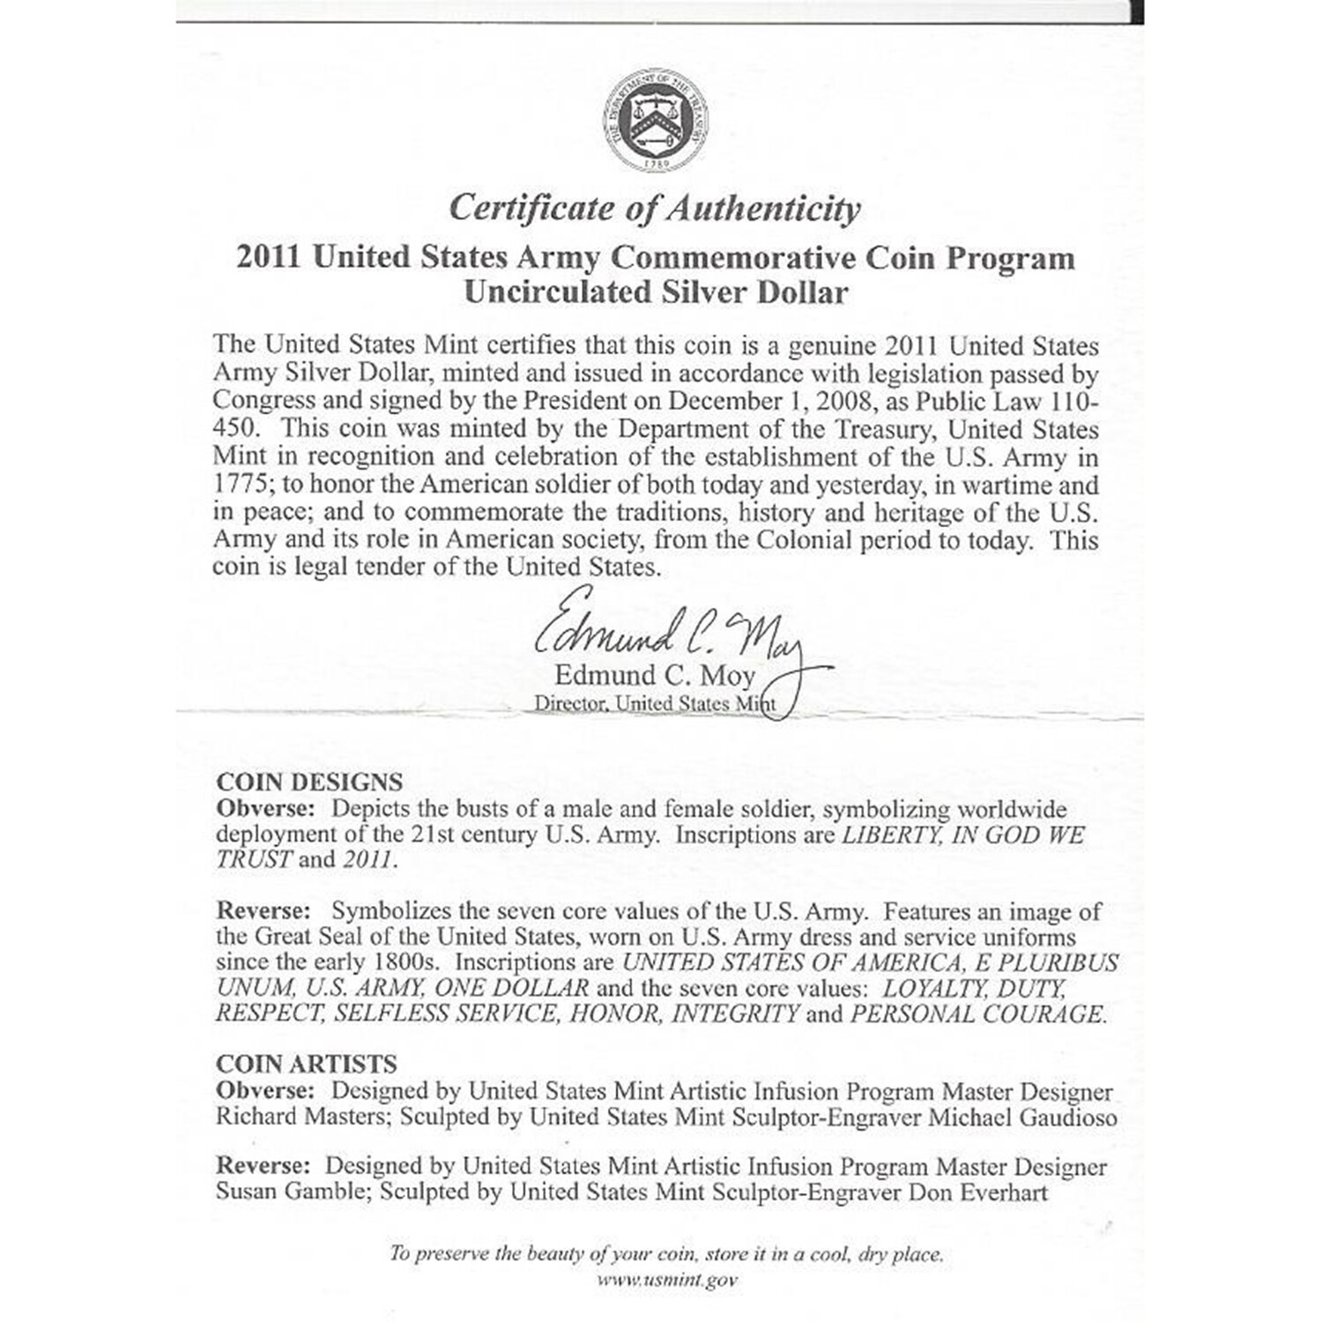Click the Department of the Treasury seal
pos(655,120)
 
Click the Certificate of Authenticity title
pos(654,209)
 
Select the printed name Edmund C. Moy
pos(654,676)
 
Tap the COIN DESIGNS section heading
pos(309,782)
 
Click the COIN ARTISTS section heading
pos(307,1064)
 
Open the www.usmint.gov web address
pos(667,1280)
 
